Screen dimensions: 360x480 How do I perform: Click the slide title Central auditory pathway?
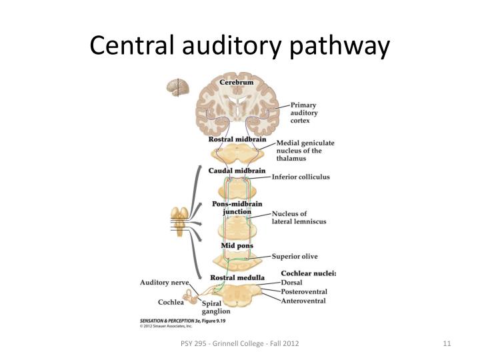(239, 45)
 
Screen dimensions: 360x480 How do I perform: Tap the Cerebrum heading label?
(237, 82)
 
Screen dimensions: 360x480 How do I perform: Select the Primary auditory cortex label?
(303, 113)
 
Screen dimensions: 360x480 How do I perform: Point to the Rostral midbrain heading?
(237, 139)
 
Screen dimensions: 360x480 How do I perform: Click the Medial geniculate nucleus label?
(305, 151)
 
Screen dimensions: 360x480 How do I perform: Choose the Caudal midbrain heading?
(237, 171)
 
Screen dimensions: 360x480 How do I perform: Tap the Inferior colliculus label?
(300, 177)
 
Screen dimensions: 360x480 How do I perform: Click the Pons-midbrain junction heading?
(237, 207)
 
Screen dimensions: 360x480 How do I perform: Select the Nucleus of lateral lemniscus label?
(299, 218)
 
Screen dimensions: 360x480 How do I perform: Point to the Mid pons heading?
(237, 246)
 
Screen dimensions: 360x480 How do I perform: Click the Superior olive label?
(295, 256)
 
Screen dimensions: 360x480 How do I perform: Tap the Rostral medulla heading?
(237, 277)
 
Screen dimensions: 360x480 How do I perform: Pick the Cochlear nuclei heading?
(309, 273)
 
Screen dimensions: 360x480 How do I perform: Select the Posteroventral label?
(304, 292)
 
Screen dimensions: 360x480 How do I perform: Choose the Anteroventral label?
(303, 301)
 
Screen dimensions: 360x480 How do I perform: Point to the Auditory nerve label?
(163, 283)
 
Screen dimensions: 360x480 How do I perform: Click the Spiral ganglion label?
(216, 307)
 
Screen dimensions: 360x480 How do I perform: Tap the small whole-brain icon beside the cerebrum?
(178, 87)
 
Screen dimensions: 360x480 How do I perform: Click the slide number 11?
(447, 343)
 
